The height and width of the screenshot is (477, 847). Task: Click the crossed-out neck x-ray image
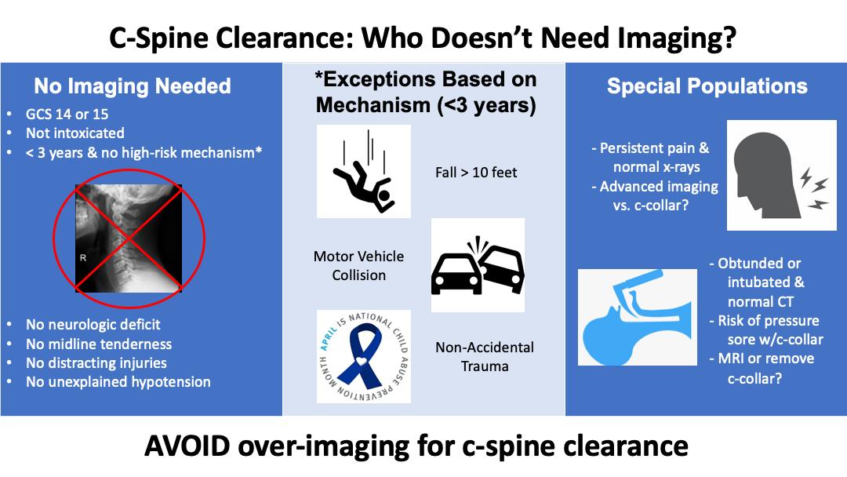[129, 238]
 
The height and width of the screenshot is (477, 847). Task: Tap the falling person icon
[364, 172]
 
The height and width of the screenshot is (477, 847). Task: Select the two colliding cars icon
[478, 265]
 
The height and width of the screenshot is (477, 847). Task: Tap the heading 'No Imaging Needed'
[133, 86]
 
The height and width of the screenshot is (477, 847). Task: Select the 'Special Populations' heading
[707, 86]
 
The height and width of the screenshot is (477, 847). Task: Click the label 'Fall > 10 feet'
[476, 173]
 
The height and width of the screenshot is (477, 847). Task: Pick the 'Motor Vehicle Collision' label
[358, 265]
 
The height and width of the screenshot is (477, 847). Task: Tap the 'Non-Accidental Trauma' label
[485, 356]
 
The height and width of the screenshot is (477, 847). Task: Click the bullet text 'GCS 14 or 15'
[67, 115]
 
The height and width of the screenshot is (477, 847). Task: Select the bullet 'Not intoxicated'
[75, 133]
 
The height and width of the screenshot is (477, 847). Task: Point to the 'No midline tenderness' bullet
[99, 344]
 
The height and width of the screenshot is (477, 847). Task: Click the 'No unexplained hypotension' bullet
[118, 382]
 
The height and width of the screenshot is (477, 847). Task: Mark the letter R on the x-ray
[83, 257]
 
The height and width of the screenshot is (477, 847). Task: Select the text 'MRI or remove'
[766, 359]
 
